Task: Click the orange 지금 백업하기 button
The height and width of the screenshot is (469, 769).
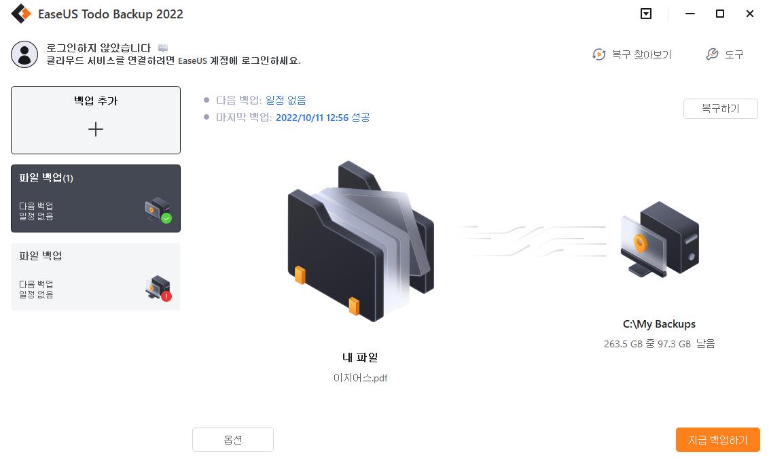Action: [x=717, y=440]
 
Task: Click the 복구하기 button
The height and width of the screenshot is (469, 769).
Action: [x=721, y=109]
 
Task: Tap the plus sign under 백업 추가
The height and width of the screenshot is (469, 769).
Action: [x=96, y=130]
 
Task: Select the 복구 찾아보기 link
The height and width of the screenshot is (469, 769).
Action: [x=632, y=54]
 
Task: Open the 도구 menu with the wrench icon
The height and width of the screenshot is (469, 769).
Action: [x=725, y=54]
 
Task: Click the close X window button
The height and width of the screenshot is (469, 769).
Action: [x=749, y=14]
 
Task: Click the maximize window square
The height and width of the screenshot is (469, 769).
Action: [x=720, y=14]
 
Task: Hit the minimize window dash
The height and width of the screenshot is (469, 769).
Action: [x=690, y=14]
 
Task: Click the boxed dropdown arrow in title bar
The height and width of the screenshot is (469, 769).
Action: [x=646, y=14]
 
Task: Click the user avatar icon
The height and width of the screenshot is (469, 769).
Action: [x=24, y=54]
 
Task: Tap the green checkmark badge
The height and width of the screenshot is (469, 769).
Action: [x=166, y=218]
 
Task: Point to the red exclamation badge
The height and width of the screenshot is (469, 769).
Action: [x=166, y=296]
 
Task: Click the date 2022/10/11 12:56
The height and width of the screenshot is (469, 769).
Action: [x=312, y=118]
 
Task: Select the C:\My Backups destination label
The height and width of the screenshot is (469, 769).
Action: [x=659, y=324]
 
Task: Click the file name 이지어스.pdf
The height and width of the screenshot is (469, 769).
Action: [x=361, y=378]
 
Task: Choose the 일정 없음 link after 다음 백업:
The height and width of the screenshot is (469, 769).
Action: [x=286, y=100]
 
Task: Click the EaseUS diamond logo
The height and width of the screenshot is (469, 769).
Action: [x=21, y=14]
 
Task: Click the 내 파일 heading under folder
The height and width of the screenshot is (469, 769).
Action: [x=360, y=358]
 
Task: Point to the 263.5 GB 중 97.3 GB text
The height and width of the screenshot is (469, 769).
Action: [x=647, y=344]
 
